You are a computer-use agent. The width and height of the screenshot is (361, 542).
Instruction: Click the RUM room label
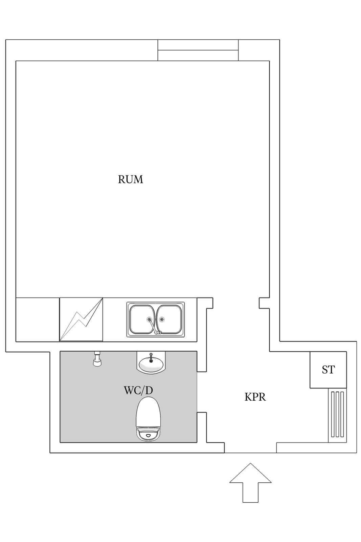click(130, 180)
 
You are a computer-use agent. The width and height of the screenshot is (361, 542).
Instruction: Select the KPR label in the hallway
click(255, 397)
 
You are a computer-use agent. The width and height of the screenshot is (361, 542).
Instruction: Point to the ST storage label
click(328, 370)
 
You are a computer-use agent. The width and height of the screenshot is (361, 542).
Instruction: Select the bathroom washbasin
click(151, 362)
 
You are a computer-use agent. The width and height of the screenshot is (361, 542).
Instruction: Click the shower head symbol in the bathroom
click(97, 359)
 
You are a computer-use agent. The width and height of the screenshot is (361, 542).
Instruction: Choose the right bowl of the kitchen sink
click(170, 319)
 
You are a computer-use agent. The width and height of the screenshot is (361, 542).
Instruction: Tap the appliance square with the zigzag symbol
click(81, 319)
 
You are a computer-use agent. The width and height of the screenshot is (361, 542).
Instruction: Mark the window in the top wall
click(198, 50)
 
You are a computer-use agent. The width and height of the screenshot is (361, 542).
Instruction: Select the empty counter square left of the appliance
click(38, 320)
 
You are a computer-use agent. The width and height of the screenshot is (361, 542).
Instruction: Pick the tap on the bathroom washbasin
click(151, 357)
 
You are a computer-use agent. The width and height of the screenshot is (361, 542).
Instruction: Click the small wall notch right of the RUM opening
click(264, 303)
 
